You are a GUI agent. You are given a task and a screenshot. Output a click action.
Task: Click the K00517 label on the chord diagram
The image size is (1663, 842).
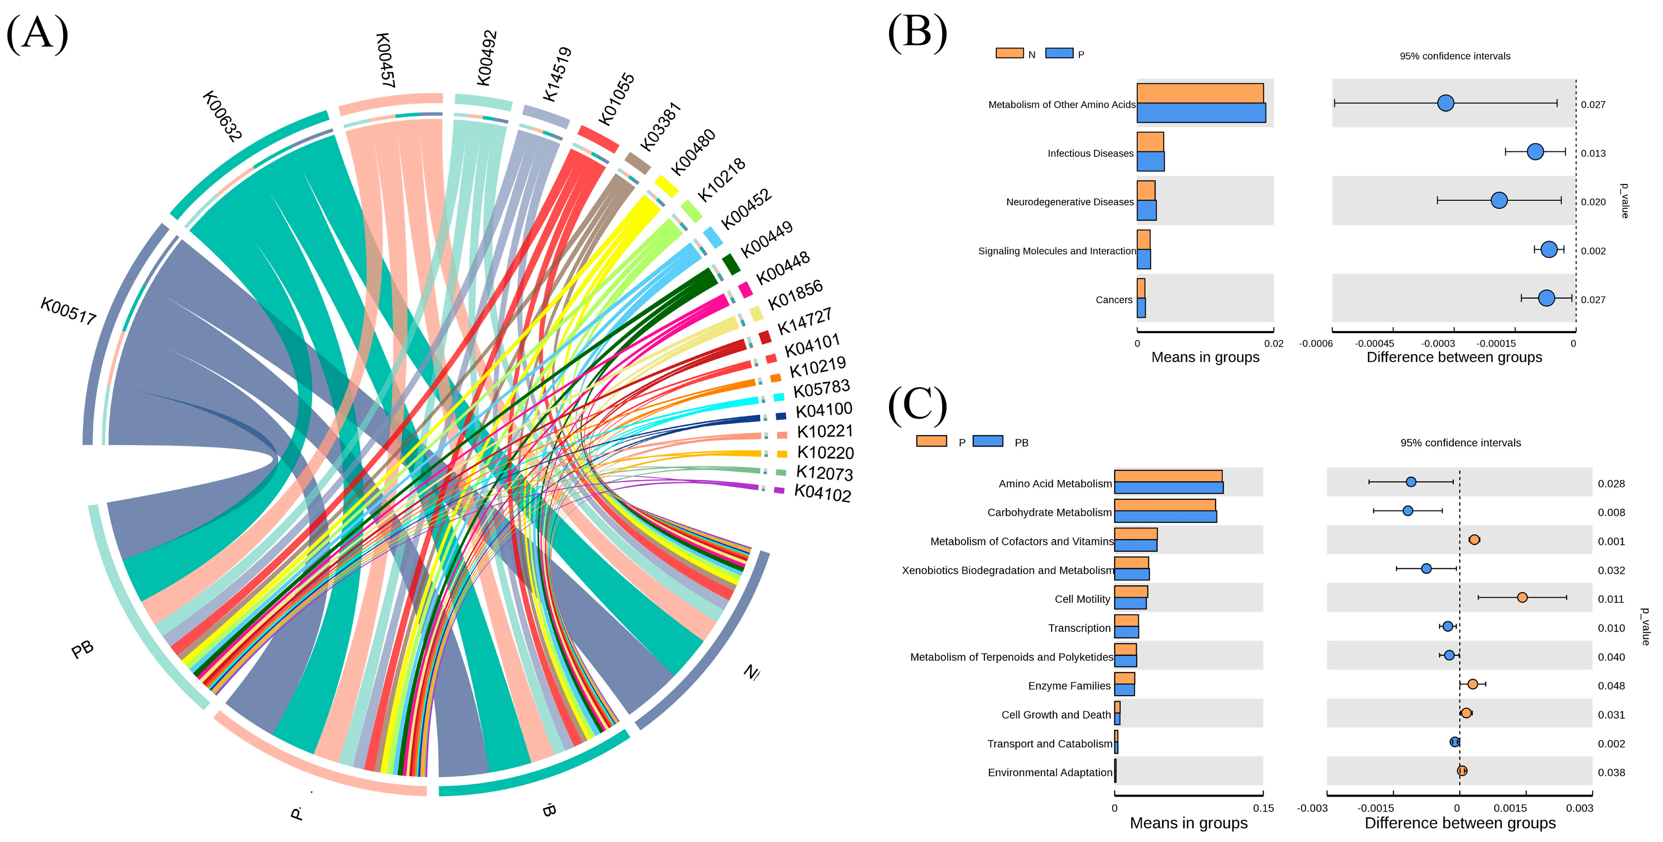[x=68, y=311]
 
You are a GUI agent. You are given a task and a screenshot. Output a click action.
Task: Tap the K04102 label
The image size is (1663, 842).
[x=823, y=493]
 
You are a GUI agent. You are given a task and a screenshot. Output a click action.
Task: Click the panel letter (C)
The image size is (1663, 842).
[x=917, y=405]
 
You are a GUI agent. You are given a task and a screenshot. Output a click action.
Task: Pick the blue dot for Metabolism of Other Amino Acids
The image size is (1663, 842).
[x=1445, y=103]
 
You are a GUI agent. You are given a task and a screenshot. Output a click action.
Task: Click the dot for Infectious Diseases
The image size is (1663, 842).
[x=1535, y=152]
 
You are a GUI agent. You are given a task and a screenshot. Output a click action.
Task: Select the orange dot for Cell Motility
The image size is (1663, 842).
[x=1522, y=597]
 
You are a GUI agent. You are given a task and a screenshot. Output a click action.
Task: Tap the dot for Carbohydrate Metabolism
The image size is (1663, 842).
[x=1408, y=511]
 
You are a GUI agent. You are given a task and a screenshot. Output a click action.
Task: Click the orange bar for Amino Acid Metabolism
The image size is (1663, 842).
[x=1168, y=476]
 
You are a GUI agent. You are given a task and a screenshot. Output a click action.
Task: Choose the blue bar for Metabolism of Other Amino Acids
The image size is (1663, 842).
[x=1201, y=113]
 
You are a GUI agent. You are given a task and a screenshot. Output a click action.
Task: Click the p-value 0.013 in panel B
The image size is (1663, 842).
[x=1593, y=153]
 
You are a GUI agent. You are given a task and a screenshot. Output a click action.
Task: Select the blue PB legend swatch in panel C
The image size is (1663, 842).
[x=988, y=441]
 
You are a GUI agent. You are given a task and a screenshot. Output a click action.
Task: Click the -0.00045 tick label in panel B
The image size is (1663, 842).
[x=1374, y=344]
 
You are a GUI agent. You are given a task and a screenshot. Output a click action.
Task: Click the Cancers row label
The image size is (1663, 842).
[x=1114, y=300]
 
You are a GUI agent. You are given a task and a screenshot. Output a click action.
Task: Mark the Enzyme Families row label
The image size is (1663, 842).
[x=1069, y=686]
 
